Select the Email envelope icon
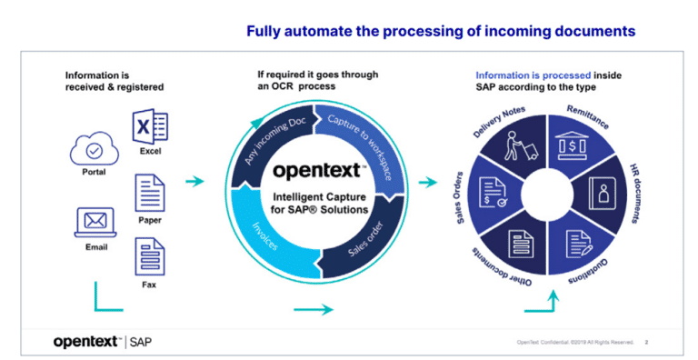point(94,220)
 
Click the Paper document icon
point(150,193)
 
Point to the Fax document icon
point(150,256)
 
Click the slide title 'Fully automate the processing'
point(441,32)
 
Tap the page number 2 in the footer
point(646,343)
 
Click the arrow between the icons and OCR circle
point(194,182)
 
